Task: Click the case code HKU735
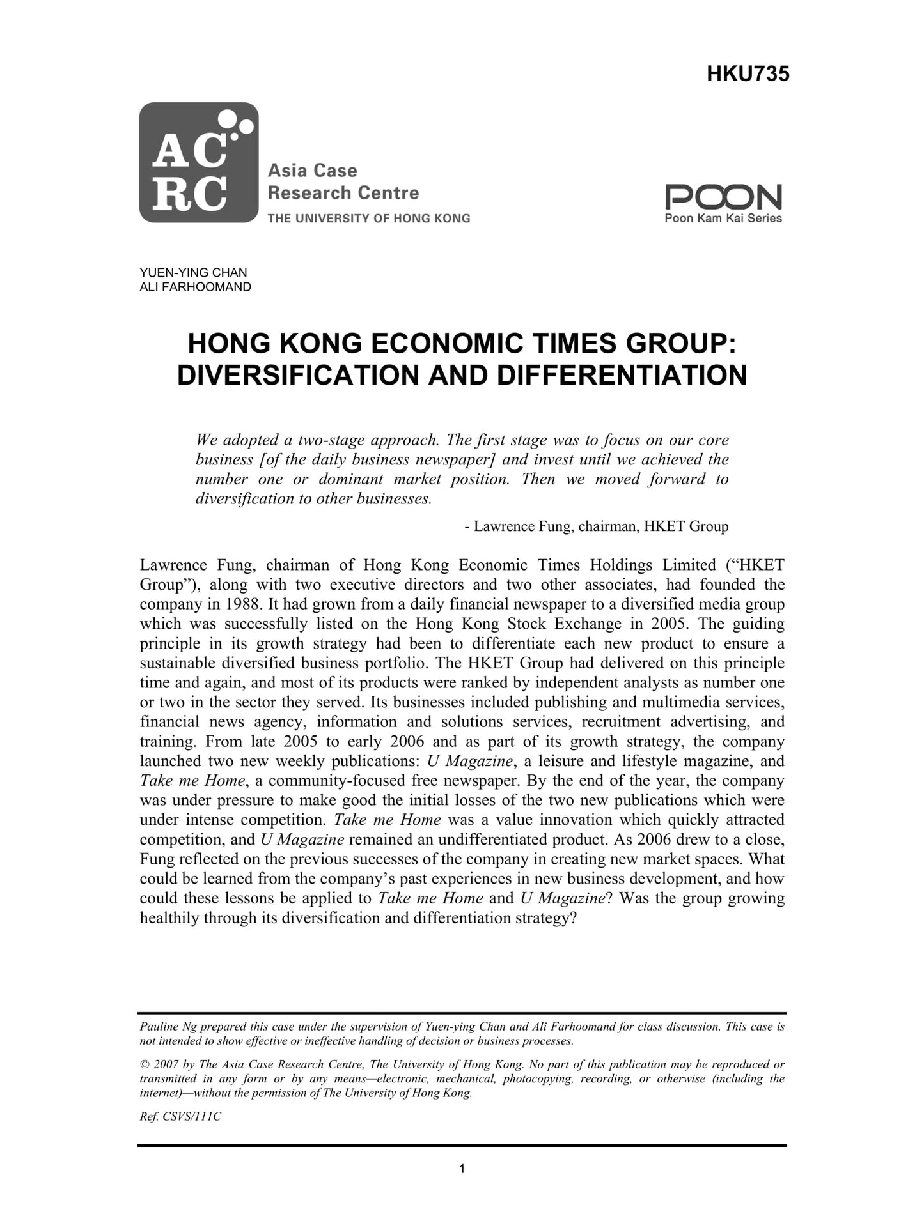click(748, 75)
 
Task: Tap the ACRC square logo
click(198, 162)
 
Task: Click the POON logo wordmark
click(723, 197)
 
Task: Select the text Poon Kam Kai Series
click(723, 219)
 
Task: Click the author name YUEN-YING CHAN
click(193, 273)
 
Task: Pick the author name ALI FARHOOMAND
click(195, 287)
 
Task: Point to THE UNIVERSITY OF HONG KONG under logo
click(368, 219)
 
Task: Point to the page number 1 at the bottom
click(462, 1169)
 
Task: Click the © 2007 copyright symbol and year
click(159, 1064)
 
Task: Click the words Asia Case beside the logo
click(312, 171)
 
